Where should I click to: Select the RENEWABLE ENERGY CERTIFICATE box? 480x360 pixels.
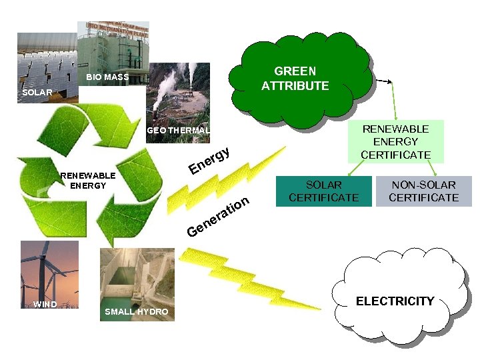pyautogui.click(x=395, y=141)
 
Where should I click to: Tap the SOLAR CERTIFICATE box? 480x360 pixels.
pyautogui.click(x=323, y=191)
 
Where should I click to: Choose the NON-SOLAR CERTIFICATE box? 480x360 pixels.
pyautogui.click(x=423, y=191)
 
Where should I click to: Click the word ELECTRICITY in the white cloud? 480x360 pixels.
pyautogui.click(x=395, y=301)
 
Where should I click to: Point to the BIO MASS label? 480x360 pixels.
pyautogui.click(x=107, y=78)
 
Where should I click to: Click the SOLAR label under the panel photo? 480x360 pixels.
pyautogui.click(x=37, y=93)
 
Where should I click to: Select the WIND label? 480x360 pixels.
pyautogui.click(x=45, y=305)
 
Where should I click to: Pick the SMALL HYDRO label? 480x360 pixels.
pyautogui.click(x=136, y=312)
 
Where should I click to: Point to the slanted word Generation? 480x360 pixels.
pyautogui.click(x=218, y=217)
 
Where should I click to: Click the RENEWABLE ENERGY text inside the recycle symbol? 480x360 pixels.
pyautogui.click(x=88, y=181)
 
